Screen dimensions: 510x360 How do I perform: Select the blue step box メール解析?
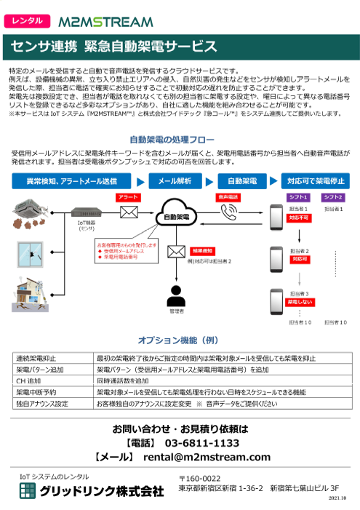175,180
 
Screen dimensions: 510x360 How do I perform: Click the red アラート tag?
128,197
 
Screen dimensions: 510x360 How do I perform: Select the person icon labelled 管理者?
175,297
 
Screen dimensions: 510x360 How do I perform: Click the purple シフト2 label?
332,197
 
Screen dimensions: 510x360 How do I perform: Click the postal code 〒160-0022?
199,478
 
